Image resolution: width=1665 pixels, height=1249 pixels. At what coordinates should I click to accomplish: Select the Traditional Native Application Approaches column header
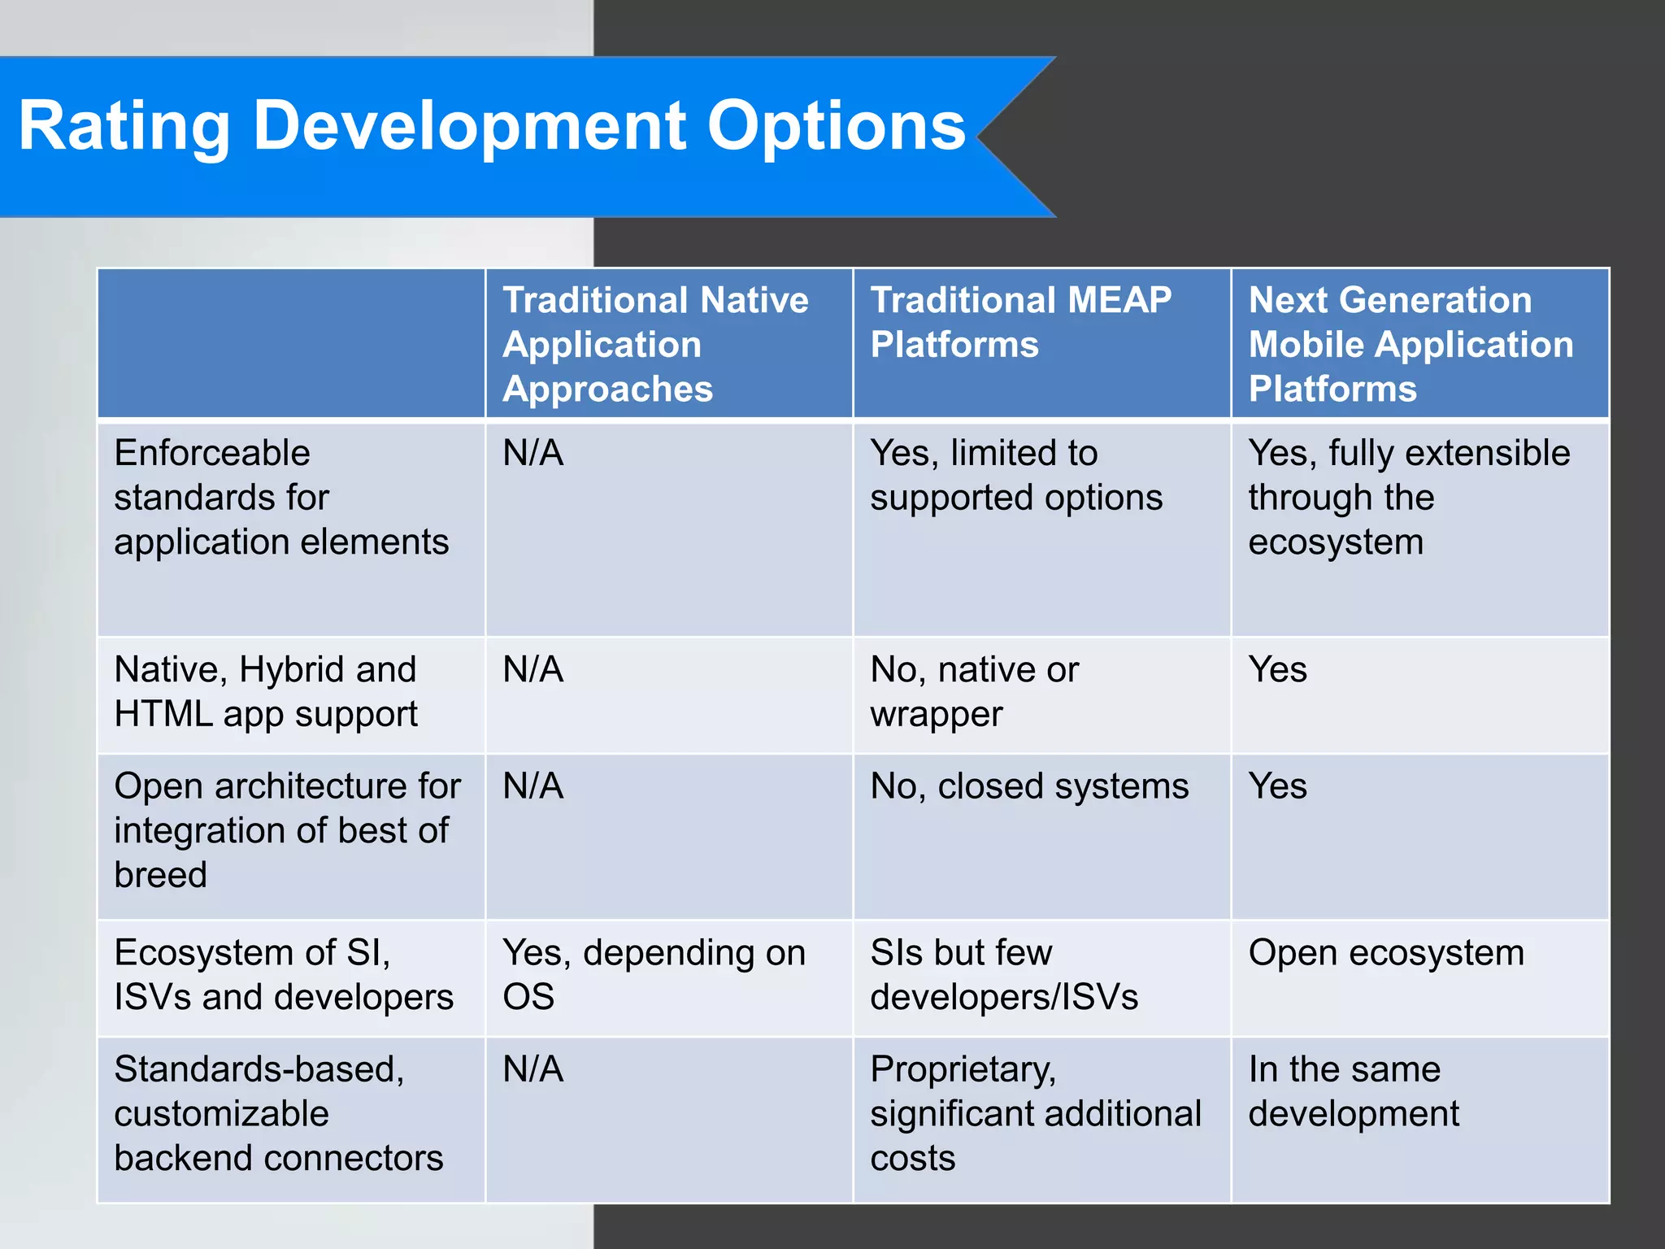[x=655, y=344]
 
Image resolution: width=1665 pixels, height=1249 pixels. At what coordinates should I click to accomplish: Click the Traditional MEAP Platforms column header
[x=1020, y=322]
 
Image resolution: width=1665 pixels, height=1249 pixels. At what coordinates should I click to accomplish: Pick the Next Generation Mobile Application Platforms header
[x=1411, y=344]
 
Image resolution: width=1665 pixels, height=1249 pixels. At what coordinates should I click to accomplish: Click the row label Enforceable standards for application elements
[x=280, y=497]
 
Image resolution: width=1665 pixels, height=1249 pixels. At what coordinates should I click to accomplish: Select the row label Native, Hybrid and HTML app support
[x=265, y=692]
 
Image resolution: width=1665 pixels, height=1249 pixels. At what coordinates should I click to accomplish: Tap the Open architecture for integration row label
[x=286, y=830]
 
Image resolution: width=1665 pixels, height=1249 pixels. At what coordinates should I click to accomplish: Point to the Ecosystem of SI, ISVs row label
[x=283, y=974]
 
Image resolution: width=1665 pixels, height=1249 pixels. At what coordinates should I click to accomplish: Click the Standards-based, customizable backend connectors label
[x=278, y=1113]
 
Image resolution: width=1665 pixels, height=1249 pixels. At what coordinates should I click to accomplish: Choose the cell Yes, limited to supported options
[x=1015, y=475]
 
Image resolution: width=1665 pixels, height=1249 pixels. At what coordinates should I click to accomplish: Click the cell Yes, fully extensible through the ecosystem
[x=1408, y=497]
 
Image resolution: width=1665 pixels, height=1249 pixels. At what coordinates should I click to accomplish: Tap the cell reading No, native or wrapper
[x=974, y=692]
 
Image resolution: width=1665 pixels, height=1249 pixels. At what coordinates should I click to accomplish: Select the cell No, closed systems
[x=1028, y=786]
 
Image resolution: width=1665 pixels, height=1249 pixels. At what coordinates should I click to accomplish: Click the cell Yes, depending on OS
[x=653, y=974]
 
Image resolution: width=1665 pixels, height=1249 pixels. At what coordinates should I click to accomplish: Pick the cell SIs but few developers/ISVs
[x=1003, y=974]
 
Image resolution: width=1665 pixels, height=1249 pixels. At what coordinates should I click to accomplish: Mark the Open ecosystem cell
[x=1385, y=952]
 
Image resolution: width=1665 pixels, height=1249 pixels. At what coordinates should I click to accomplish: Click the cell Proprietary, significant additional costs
[x=1034, y=1113]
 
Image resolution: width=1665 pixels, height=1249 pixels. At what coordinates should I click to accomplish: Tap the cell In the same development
[x=1353, y=1091]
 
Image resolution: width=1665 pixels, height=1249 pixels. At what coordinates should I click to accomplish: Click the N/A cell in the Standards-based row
[x=533, y=1069]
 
